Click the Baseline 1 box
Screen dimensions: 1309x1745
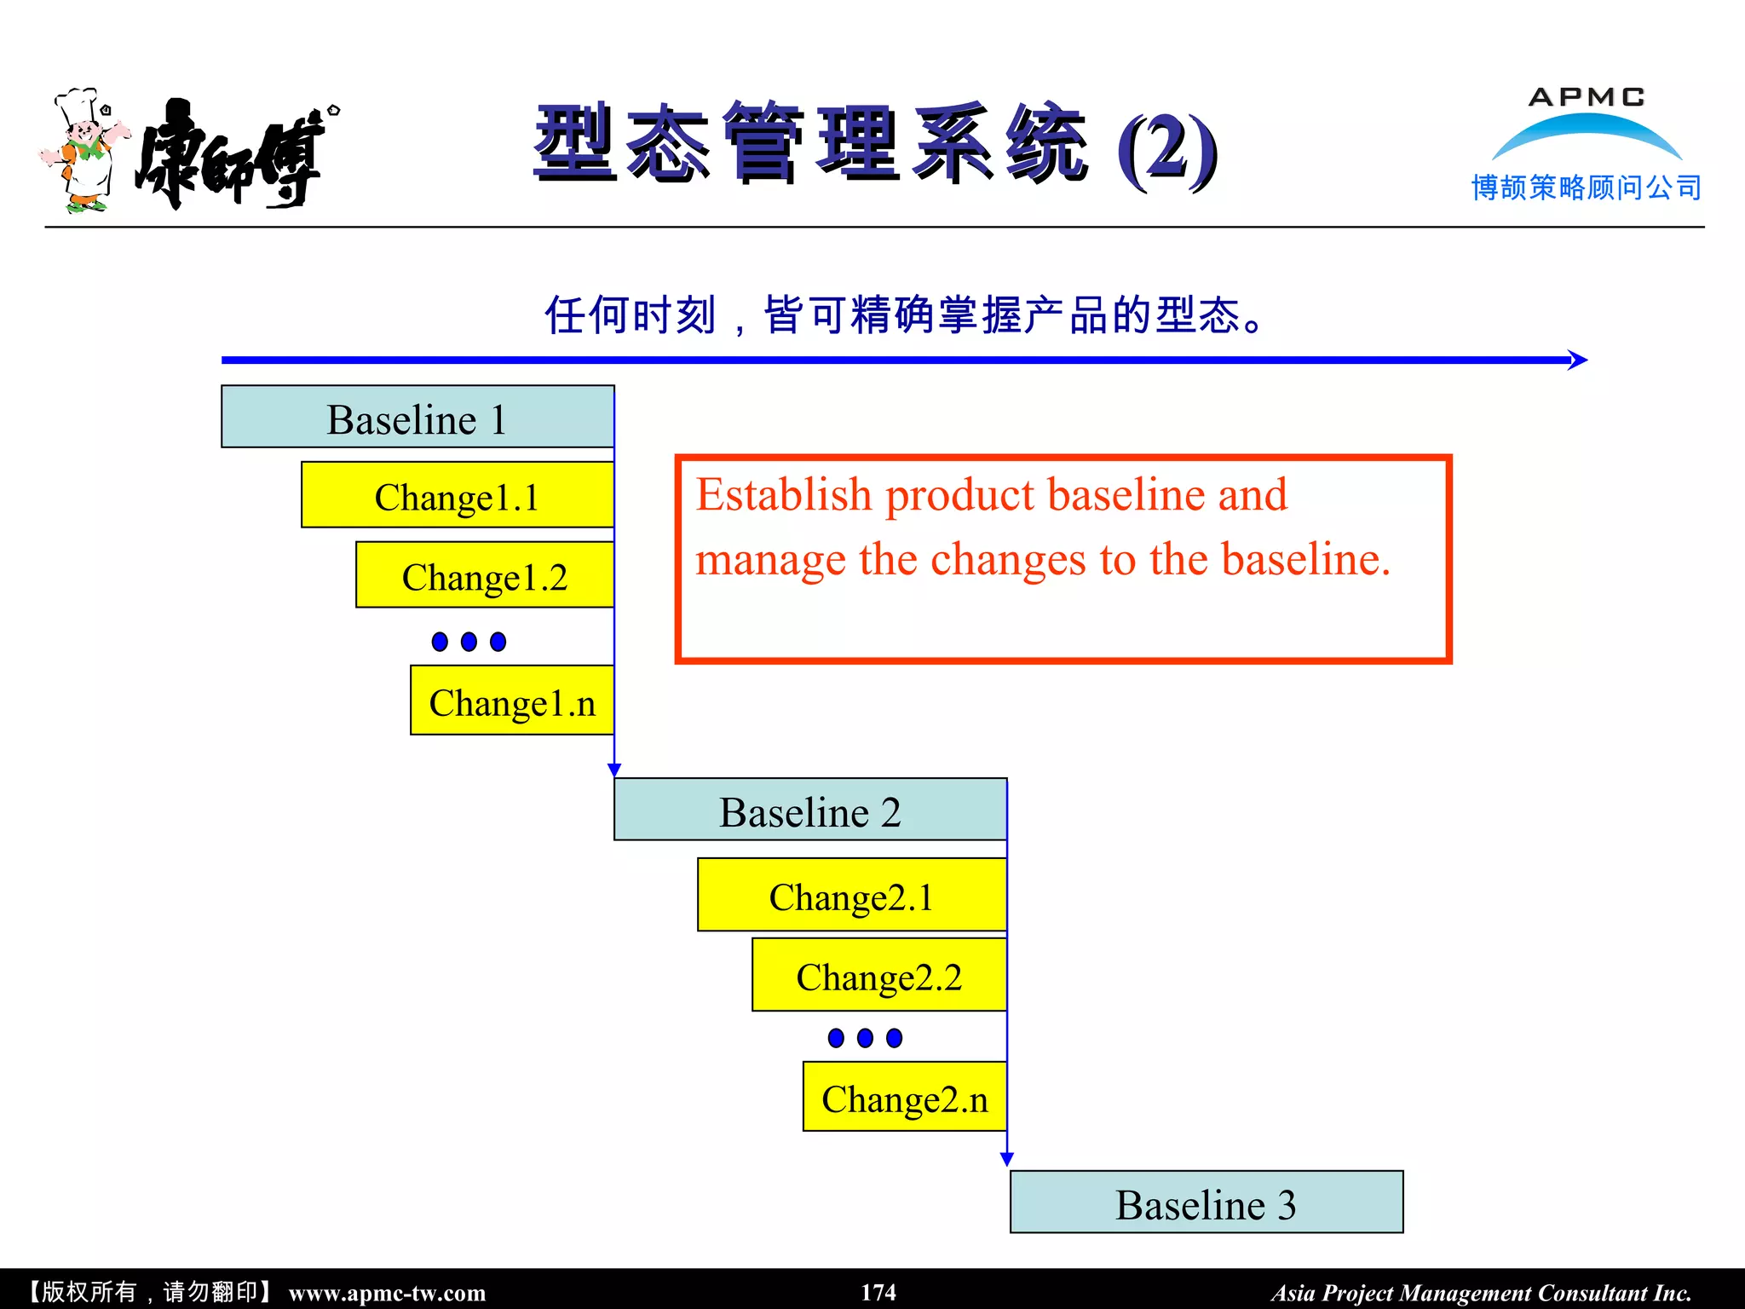tap(417, 417)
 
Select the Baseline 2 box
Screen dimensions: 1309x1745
tap(809, 810)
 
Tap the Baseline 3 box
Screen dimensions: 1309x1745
tap(1206, 1202)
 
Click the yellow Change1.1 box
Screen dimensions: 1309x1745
tap(457, 495)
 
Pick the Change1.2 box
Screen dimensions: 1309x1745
tap(484, 575)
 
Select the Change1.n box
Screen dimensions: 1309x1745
tap(511, 701)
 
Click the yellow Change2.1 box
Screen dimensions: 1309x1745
tap(851, 895)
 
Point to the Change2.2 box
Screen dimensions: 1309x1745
tap(878, 975)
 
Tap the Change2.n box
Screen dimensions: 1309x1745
tap(904, 1097)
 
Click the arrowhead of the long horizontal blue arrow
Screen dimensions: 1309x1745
tap(1578, 360)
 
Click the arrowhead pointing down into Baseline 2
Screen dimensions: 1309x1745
tap(614, 770)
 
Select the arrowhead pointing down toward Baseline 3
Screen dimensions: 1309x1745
tap(1007, 1159)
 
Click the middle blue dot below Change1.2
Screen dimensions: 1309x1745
tap(469, 642)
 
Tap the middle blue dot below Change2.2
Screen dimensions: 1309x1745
tap(865, 1038)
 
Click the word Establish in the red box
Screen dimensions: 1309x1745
tap(783, 495)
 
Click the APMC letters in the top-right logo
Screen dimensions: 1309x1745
tap(1586, 97)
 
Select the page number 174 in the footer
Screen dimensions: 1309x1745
tap(878, 1292)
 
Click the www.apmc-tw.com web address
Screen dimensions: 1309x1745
tap(387, 1293)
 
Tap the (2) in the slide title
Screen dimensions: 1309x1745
tap(1166, 151)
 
